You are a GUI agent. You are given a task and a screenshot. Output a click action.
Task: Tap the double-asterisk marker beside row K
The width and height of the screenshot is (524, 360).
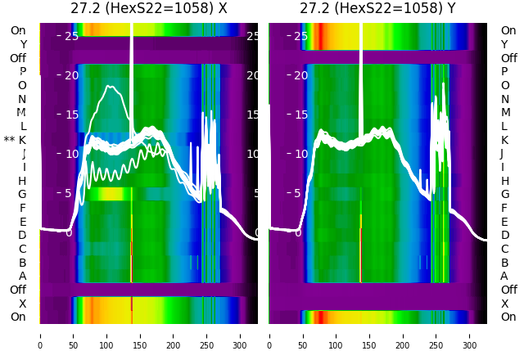pyautogui.click(x=10, y=140)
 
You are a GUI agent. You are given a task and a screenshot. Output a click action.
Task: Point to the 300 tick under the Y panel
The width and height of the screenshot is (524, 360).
pyautogui.click(x=471, y=335)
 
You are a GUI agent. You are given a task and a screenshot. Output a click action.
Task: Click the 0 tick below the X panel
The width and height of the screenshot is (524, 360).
pyautogui.click(x=39, y=335)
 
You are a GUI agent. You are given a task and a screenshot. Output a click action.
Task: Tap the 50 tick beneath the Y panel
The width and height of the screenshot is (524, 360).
pyautogui.click(x=303, y=335)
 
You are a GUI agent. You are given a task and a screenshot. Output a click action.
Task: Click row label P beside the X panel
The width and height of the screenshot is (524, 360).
pyautogui.click(x=22, y=72)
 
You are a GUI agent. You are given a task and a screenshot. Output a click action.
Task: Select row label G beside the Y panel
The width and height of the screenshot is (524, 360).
pyautogui.click(x=505, y=195)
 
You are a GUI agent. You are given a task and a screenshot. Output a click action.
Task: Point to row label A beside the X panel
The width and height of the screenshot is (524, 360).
pyautogui.click(x=22, y=277)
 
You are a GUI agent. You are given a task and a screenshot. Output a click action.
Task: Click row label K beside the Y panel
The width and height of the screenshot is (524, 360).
pyautogui.click(x=505, y=140)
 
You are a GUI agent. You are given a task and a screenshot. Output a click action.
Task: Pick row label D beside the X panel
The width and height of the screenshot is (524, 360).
pyautogui.click(x=22, y=236)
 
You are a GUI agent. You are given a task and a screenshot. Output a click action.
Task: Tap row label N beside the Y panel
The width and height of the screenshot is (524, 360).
pyautogui.click(x=505, y=99)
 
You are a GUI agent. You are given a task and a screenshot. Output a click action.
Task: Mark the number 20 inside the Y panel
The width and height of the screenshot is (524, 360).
pyautogui.click(x=301, y=75)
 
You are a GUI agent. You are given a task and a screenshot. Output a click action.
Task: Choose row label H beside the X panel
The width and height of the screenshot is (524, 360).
pyautogui.click(x=22, y=181)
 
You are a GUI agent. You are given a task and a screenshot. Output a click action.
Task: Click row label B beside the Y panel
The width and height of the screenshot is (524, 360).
pyautogui.click(x=505, y=263)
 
